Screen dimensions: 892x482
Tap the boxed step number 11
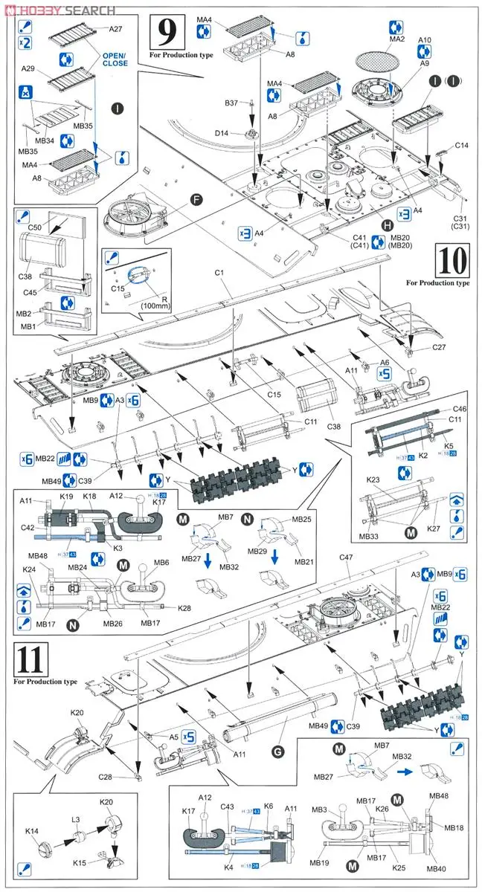tap(30, 659)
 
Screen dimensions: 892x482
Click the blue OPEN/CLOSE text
tap(115, 59)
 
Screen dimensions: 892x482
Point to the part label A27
tap(115, 29)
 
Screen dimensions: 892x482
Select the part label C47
tap(347, 557)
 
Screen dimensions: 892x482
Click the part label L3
tap(76, 819)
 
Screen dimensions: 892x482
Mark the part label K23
tap(373, 480)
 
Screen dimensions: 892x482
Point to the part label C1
tap(220, 274)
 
